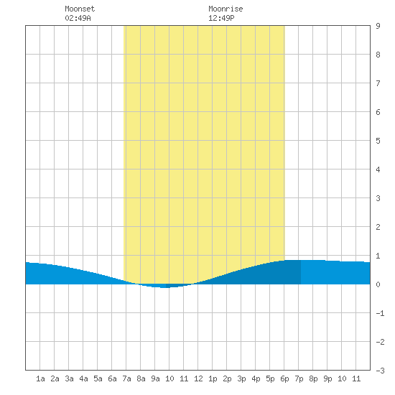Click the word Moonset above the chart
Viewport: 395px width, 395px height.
pos(80,9)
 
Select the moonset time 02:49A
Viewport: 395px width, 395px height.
pos(78,18)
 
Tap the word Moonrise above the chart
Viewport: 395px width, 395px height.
pos(226,9)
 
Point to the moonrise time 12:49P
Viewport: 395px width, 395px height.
pos(221,18)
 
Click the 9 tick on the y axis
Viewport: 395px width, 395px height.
pos(378,26)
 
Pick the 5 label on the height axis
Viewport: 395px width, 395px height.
pos(378,141)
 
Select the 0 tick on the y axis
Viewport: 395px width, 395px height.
pos(378,284)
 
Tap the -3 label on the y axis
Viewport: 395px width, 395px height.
pos(380,371)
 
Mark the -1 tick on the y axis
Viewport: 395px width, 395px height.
pos(380,313)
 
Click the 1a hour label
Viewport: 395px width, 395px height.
pos(40,378)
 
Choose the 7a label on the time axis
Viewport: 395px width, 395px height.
pos(126,378)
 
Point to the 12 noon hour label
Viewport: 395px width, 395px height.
pos(198,378)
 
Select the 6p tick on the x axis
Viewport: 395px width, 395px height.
pos(284,378)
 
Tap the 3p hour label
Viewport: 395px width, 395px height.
pos(241,378)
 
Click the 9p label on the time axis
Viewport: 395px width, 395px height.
pos(327,378)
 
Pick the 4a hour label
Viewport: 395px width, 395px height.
pos(83,378)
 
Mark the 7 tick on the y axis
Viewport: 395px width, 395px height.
pos(378,83)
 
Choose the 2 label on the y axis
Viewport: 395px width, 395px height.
pos(378,227)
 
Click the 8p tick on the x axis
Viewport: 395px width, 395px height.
pos(313,378)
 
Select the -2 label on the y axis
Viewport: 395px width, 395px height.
pos(380,342)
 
